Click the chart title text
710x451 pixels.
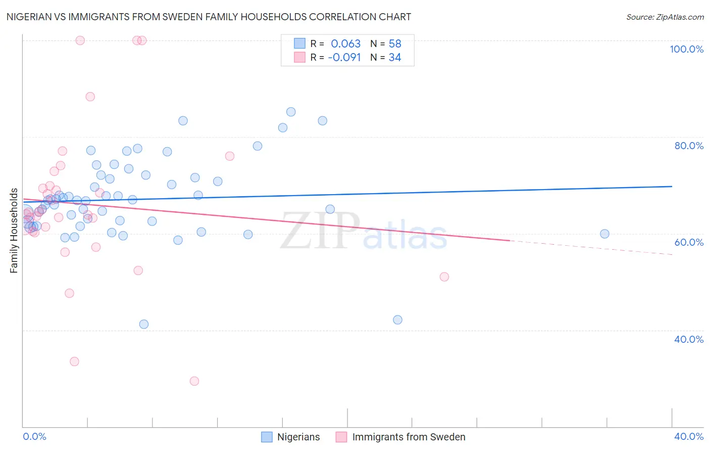coord(209,17)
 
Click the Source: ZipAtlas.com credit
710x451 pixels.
coord(665,17)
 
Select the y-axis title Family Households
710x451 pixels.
coord(14,231)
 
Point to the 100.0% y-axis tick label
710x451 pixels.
coord(686,49)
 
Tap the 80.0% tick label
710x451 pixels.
coord(689,146)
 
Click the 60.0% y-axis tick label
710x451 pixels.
coord(689,242)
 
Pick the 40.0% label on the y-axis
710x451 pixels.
coord(689,339)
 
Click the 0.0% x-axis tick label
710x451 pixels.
coord(34,436)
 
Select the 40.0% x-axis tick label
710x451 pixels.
coord(689,436)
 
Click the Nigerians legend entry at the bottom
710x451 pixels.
coord(298,437)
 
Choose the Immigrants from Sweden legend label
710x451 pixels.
coord(409,437)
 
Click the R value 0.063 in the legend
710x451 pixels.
coord(345,44)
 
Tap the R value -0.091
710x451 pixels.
coord(344,58)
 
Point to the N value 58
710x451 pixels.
coord(395,44)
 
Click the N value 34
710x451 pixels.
coord(395,58)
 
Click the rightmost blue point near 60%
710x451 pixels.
coord(604,234)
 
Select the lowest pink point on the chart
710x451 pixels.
coord(194,381)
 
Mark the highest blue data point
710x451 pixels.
coord(291,112)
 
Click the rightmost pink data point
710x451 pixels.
coord(444,277)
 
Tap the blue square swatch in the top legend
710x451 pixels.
coord(299,43)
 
